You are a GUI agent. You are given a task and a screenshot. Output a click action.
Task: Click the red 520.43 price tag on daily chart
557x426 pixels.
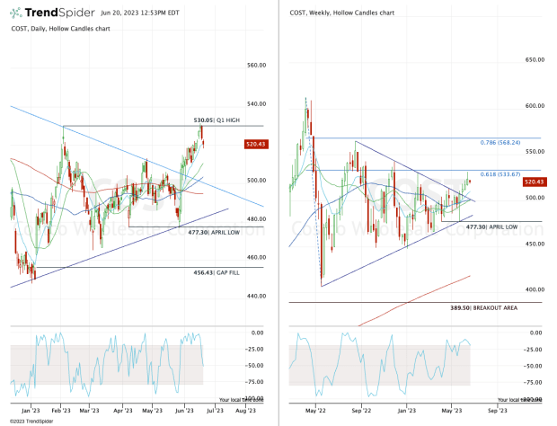click(254, 144)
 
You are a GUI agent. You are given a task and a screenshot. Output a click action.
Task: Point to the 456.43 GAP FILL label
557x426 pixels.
click(217, 272)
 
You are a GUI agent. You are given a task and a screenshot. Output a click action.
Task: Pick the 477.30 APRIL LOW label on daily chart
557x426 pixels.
click(212, 232)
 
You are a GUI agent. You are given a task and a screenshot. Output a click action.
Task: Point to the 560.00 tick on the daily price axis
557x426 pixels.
click(257, 66)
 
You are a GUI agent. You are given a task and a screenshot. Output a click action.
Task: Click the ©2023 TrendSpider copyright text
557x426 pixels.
click(28, 421)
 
